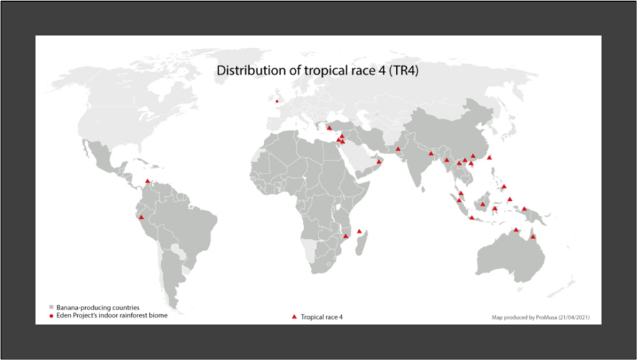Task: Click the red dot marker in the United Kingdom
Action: pyautogui.click(x=277, y=101)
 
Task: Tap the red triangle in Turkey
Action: pyautogui.click(x=329, y=127)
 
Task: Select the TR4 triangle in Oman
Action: pyautogui.click(x=379, y=162)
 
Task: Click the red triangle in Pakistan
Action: pyautogui.click(x=398, y=149)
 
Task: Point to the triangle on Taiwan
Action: pyautogui.click(x=490, y=157)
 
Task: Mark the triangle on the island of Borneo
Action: pyautogui.click(x=483, y=204)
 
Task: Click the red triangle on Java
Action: pyautogui.click(x=472, y=218)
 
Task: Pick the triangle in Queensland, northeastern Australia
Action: pyautogui.click(x=533, y=236)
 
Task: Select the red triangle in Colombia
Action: pyautogui.click(x=147, y=182)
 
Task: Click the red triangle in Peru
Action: pyautogui.click(x=141, y=217)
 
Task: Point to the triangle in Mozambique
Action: pyautogui.click(x=346, y=236)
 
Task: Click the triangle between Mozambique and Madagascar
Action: pyautogui.click(x=360, y=231)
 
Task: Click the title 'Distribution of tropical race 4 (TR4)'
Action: pyautogui.click(x=317, y=71)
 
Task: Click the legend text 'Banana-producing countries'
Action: pyautogui.click(x=98, y=307)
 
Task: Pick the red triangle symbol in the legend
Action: pyautogui.click(x=294, y=317)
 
